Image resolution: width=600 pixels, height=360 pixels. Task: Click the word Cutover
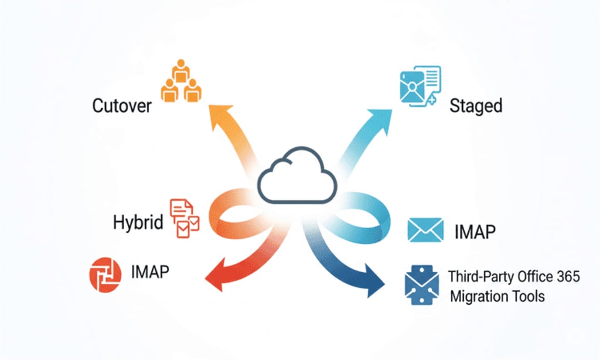pos(122,106)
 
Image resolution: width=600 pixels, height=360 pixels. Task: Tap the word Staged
pos(476,106)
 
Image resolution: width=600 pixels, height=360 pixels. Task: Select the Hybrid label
pos(138,223)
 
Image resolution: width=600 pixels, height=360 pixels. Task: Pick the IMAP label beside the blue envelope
pos(475,232)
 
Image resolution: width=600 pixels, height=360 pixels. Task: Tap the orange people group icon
pos(180,81)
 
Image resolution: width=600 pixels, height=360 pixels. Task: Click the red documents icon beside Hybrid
pos(185,218)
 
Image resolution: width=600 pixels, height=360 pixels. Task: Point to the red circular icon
pos(105,274)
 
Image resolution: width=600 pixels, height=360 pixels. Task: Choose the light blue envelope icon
pos(425,230)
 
